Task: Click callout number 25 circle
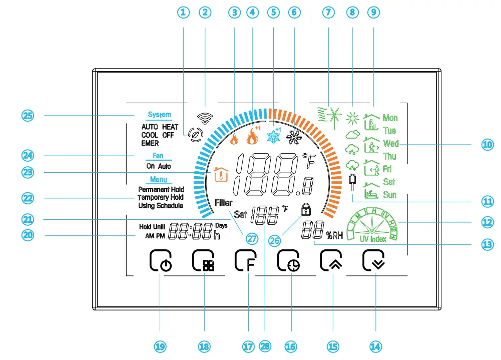28,115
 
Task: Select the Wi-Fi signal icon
203,118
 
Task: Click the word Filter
224,203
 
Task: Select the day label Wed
390,144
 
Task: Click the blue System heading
160,115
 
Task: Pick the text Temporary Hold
161,198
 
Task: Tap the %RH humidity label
334,235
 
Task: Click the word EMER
150,143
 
